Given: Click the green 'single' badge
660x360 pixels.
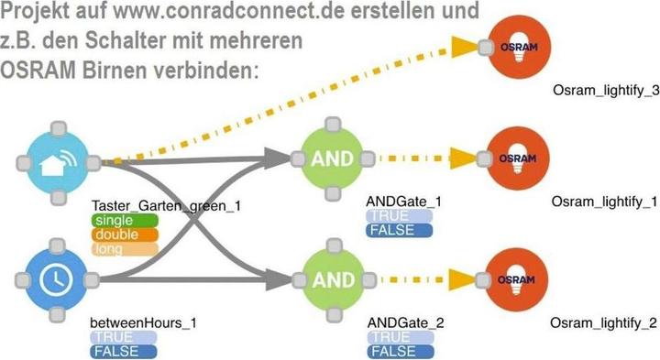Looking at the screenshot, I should click(x=113, y=222).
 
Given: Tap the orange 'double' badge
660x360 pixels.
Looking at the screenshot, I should click(x=113, y=235).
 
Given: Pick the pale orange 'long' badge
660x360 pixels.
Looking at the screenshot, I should click(x=113, y=248).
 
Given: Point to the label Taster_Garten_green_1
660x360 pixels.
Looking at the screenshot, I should click(x=166, y=205).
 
